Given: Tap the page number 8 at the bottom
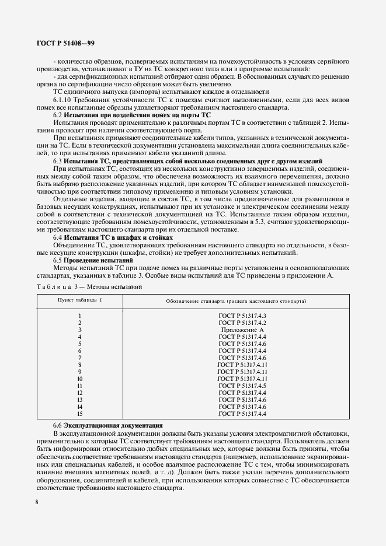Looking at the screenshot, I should coord(37,501).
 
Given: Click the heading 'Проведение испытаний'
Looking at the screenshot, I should coord(99,260).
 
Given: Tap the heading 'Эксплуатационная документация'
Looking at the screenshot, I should coord(105,425).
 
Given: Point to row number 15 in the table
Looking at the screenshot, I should coord(79,414).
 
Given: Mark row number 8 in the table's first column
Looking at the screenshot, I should coord(79,365).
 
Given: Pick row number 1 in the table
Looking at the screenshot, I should coord(79,315).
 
